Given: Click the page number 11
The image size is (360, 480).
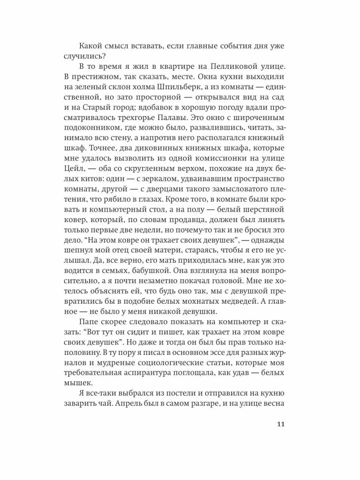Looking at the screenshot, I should click(x=280, y=424).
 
